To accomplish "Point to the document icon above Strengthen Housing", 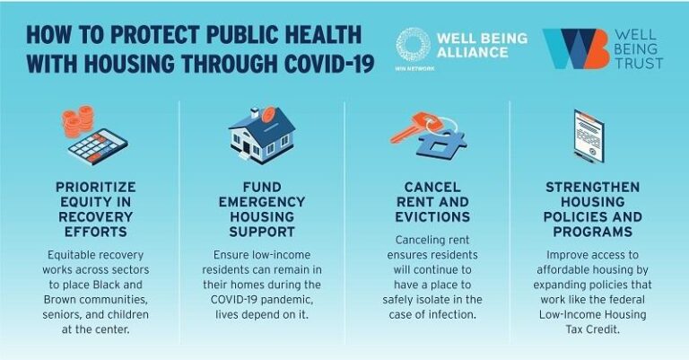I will (x=593, y=139).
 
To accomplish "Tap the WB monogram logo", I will (x=574, y=49).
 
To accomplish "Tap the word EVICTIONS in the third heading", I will (x=427, y=216).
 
